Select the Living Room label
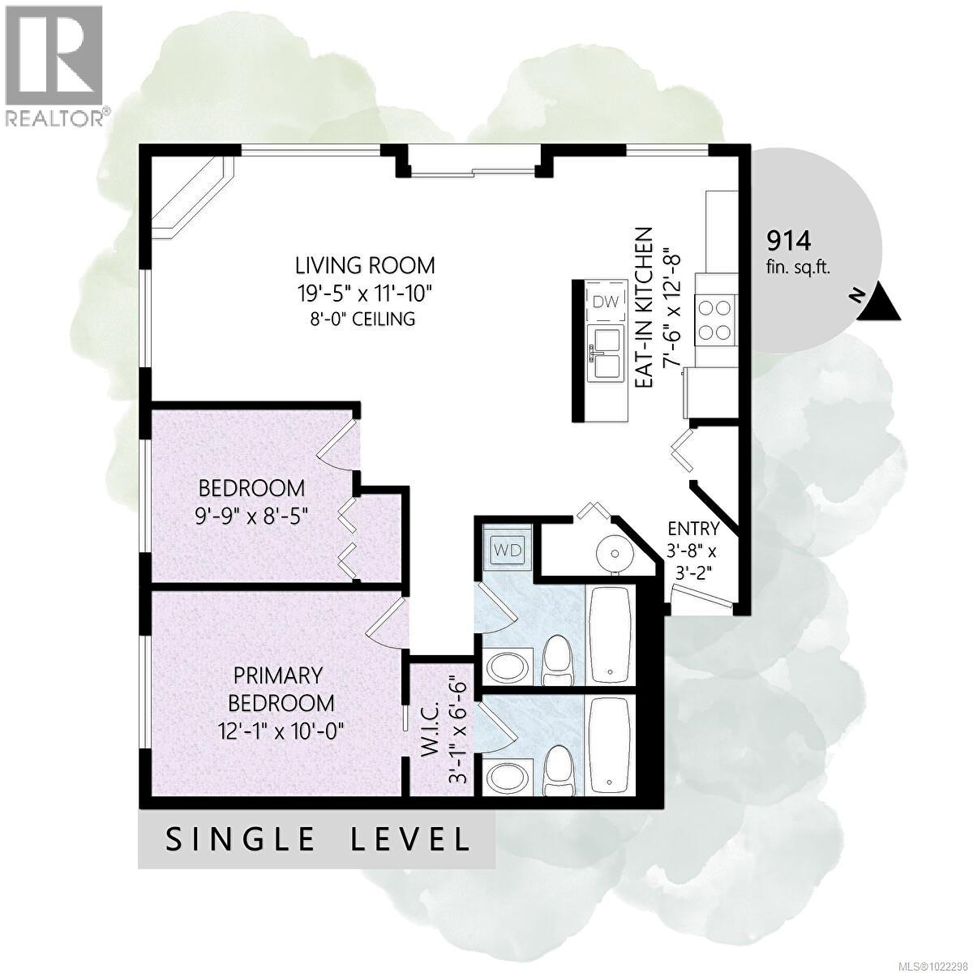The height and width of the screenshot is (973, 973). (365, 265)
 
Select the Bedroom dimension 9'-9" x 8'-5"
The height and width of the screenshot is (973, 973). (252, 515)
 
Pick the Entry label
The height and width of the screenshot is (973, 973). (692, 529)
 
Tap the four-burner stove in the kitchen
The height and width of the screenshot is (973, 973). (717, 319)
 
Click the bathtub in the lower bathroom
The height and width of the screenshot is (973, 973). (610, 745)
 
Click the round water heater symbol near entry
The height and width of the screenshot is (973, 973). (613, 554)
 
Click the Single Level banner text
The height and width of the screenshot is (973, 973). (317, 838)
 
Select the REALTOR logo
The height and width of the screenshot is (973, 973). (55, 65)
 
